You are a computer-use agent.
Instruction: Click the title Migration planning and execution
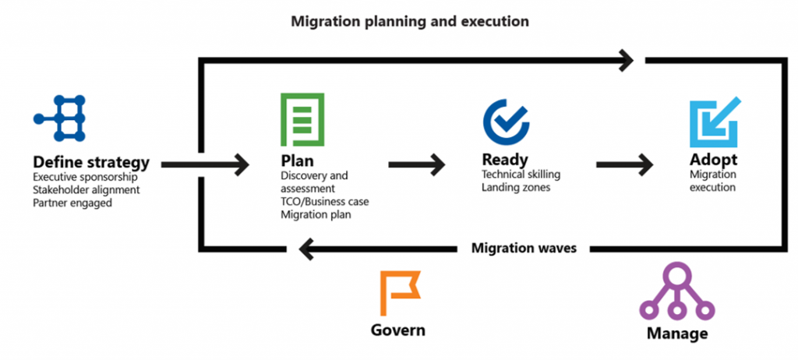pos(410,21)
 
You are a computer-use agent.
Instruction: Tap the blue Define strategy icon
pos(59,118)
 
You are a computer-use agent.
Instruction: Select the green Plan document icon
pos(302,120)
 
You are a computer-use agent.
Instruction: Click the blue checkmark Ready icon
pos(506,122)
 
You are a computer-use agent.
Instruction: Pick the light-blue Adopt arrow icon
pos(715,122)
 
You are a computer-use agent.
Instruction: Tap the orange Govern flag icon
pos(401,293)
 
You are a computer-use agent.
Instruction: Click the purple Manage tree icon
pos(677,291)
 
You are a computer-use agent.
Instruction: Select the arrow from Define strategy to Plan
pos(205,164)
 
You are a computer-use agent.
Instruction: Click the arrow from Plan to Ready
pos(416,164)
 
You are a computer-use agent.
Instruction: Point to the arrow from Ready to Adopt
pos(625,164)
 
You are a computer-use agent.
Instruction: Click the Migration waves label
pos(524,249)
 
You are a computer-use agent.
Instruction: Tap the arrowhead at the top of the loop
pos(625,61)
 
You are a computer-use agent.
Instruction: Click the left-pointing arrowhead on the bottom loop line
pos(307,249)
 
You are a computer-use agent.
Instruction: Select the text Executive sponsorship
pos(86,178)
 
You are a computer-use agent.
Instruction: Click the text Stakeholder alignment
pos(86,190)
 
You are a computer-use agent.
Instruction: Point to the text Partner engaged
pos(72,202)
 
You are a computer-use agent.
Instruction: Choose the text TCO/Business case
pos(325,202)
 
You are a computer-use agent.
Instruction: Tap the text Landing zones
pos(516,187)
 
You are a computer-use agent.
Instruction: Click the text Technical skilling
pos(521,175)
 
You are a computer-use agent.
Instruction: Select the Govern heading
pos(397,330)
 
